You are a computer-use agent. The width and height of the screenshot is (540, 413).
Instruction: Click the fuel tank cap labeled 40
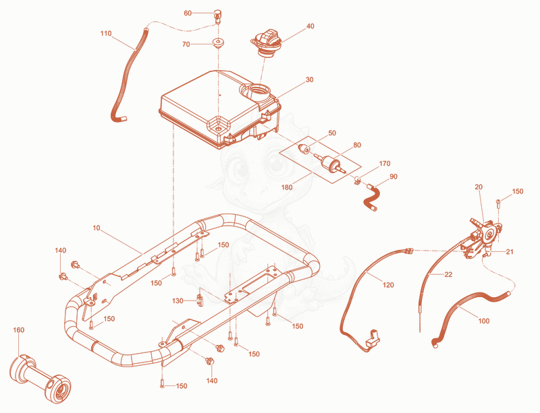[x=267, y=44]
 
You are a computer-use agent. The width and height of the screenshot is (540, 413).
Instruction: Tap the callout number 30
[x=310, y=80]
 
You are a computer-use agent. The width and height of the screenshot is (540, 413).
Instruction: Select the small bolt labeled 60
[x=217, y=16]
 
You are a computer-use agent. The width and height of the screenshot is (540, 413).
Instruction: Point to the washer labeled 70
[x=217, y=43]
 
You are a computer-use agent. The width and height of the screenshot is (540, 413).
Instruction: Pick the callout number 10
[x=97, y=228]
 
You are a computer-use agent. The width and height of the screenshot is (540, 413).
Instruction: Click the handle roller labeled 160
[x=40, y=377]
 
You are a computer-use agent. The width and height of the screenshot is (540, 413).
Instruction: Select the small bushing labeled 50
[x=304, y=148]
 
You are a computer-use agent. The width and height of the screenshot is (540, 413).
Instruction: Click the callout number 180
[x=287, y=187]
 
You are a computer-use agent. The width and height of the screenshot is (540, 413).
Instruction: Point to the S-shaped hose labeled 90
[x=371, y=197]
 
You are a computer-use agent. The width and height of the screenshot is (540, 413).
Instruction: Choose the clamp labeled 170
[x=358, y=180]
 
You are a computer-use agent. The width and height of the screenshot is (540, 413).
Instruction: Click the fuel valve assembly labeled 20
[x=484, y=236]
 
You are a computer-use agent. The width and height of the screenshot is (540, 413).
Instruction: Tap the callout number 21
[x=510, y=252]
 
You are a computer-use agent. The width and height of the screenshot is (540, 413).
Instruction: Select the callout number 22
[x=448, y=274]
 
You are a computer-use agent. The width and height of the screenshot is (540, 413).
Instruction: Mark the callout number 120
[x=388, y=285]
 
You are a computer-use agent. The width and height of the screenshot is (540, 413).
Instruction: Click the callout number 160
[x=19, y=330]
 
